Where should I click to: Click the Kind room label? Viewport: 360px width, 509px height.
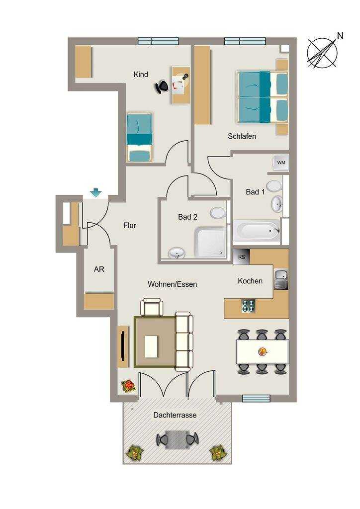[x=141, y=75]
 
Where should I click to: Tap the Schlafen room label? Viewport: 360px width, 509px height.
[x=242, y=136]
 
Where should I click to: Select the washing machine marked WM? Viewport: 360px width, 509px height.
[x=281, y=163]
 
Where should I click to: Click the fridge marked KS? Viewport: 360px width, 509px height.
[x=242, y=257]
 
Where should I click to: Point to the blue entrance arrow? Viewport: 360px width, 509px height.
[x=96, y=193]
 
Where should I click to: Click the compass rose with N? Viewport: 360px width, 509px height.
[x=323, y=52]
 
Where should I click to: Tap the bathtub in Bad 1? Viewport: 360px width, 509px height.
[x=257, y=230]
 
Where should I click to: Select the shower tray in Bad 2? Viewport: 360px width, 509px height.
[x=210, y=242]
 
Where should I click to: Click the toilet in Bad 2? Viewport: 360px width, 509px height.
[x=217, y=213]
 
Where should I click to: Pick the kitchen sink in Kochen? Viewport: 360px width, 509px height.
[x=281, y=280]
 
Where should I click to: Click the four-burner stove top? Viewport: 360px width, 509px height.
[x=248, y=306]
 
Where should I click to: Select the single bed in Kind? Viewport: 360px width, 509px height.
[x=139, y=137]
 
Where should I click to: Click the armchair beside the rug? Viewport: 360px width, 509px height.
[x=152, y=307]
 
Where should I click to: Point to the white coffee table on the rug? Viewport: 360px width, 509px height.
[x=151, y=346]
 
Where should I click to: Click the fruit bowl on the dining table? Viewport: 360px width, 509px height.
[x=263, y=351]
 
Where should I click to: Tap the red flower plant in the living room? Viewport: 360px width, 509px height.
[x=128, y=386]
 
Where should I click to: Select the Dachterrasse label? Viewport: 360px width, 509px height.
[x=175, y=415]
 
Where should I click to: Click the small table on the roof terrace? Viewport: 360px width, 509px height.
[x=177, y=440]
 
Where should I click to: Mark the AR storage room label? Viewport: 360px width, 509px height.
[x=99, y=269]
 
